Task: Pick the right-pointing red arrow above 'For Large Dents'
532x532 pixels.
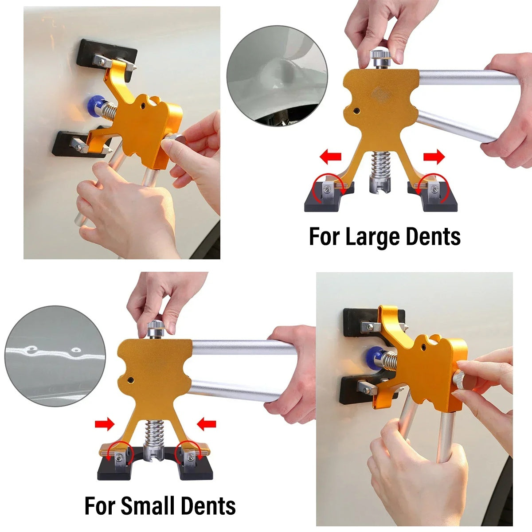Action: click(434, 156)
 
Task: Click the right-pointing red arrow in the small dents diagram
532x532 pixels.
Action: click(104, 425)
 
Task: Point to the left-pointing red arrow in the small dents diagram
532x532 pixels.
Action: click(207, 425)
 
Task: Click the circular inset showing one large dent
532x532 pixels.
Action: click(277, 76)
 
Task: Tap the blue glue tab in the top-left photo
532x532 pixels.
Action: click(94, 106)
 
